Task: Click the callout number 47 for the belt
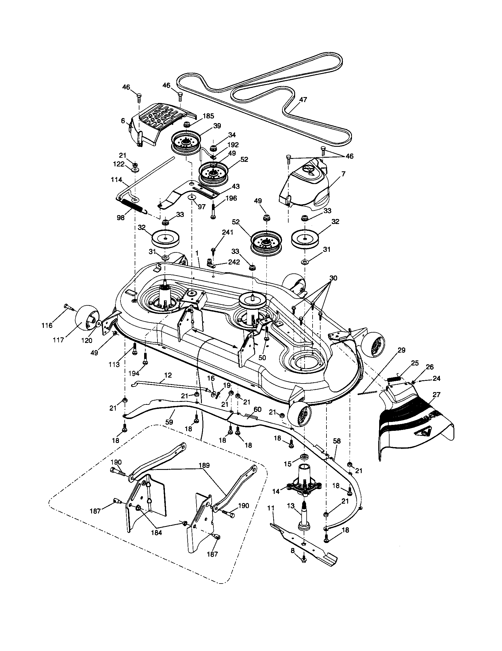[303, 100]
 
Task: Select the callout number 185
[209, 116]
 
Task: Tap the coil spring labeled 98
[133, 205]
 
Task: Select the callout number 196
[231, 198]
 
